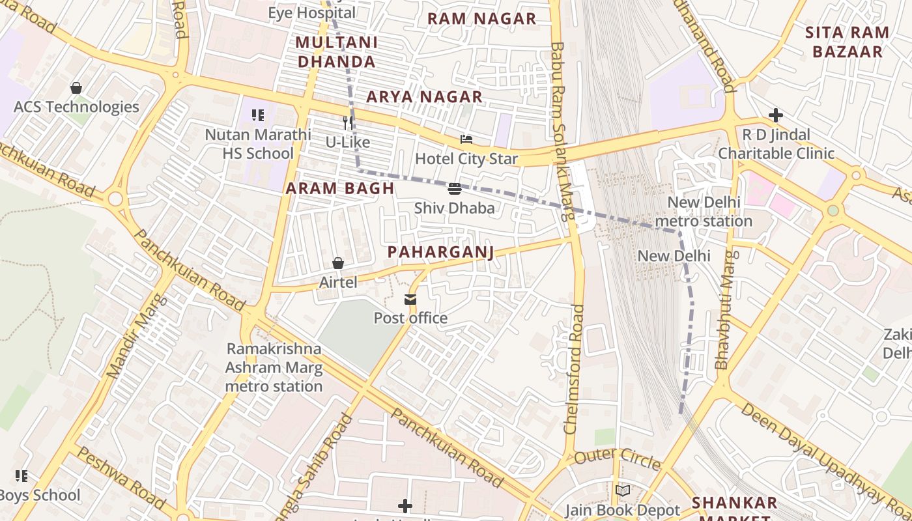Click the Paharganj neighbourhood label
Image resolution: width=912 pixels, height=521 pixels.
pyautogui.click(x=440, y=252)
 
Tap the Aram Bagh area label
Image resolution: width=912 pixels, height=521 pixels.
pyautogui.click(x=340, y=189)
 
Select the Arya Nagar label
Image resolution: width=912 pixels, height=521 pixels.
pyautogui.click(x=424, y=97)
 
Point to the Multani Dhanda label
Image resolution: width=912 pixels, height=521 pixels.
pyautogui.click(x=336, y=52)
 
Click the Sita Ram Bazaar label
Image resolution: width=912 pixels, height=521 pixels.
pyautogui.click(x=847, y=42)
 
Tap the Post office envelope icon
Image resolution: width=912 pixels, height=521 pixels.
pyautogui.click(x=410, y=300)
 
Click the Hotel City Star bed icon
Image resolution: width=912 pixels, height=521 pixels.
pyautogui.click(x=466, y=139)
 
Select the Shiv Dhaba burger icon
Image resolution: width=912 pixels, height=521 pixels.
pyautogui.click(x=455, y=189)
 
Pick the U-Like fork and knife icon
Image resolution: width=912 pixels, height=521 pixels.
pyautogui.click(x=348, y=122)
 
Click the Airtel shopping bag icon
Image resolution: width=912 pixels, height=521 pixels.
pyautogui.click(x=338, y=263)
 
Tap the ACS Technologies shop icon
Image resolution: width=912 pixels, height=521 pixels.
pyautogui.click(x=76, y=88)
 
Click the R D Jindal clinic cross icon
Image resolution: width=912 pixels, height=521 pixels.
pyautogui.click(x=775, y=116)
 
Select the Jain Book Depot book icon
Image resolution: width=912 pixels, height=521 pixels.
pyautogui.click(x=623, y=490)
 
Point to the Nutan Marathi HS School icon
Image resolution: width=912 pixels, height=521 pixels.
pyautogui.click(x=258, y=116)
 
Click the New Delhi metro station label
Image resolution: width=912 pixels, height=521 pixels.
pyautogui.click(x=703, y=212)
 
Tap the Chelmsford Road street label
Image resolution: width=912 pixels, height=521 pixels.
pyautogui.click(x=575, y=369)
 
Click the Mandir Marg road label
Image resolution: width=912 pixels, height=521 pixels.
pyautogui.click(x=136, y=337)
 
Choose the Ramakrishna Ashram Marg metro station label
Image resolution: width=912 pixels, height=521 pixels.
pyautogui.click(x=274, y=367)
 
